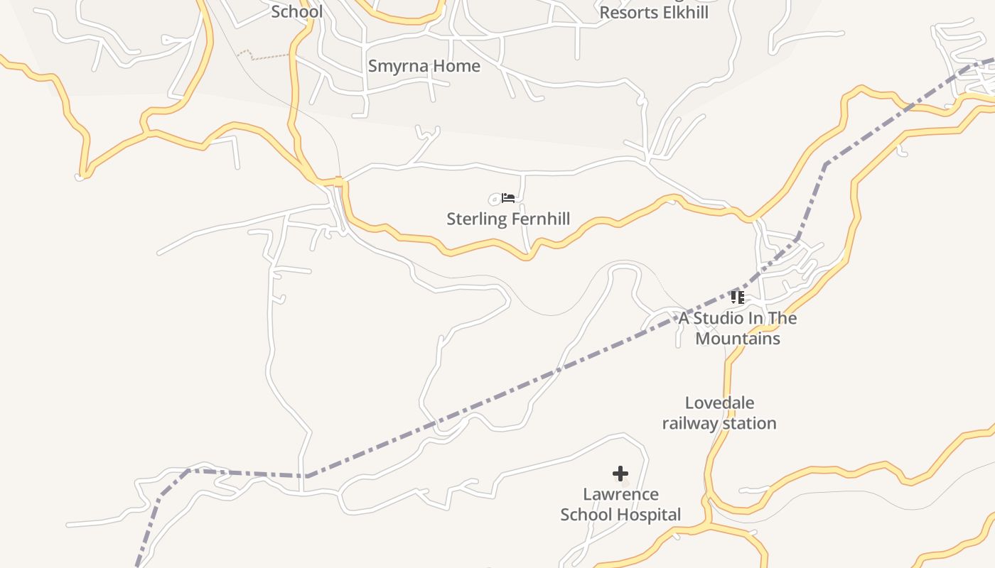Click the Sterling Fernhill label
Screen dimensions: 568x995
coord(508,219)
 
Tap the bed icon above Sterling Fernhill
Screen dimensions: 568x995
coord(507,197)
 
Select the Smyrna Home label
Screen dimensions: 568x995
coord(424,66)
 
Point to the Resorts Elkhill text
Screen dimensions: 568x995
coord(654,13)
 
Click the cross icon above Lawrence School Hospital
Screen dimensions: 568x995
coord(620,474)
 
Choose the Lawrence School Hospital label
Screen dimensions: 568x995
coord(620,504)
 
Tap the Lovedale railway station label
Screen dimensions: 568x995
coord(719,413)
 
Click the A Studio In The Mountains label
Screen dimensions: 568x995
coord(738,328)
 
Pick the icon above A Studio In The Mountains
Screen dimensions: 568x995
coord(737,297)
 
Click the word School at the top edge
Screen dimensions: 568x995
coord(297,11)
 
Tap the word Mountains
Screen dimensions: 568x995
coord(738,339)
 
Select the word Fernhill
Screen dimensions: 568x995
coord(541,219)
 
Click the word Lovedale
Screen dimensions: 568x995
coord(719,403)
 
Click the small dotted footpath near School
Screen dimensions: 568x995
coord(263,55)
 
